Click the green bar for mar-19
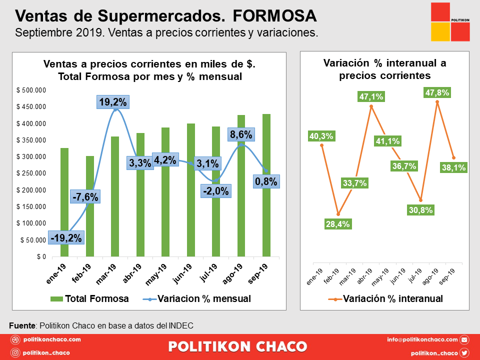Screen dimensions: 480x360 point(115,196)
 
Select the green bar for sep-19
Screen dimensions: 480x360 point(266,185)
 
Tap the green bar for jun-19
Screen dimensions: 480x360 point(190,190)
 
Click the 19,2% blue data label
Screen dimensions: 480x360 point(113,102)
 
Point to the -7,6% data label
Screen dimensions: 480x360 point(85,197)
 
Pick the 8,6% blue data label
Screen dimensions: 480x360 point(241,134)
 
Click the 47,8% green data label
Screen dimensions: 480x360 point(437,92)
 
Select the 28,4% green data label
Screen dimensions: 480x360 point(337,224)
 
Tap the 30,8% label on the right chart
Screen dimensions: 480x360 point(420,210)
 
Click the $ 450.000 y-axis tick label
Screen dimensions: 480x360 point(31,107)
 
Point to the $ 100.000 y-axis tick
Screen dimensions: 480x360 point(31,223)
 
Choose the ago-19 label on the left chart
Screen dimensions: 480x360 point(232,274)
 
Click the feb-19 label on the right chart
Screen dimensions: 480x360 point(331,276)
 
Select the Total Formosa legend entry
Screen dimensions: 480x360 point(89,299)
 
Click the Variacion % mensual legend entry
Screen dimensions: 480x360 point(197,299)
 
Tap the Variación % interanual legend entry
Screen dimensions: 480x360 point(385,299)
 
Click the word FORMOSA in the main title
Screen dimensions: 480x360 point(274,16)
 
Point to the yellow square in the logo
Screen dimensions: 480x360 point(440,32)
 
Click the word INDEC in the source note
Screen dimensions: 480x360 point(181,325)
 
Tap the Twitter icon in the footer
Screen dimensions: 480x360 point(464,353)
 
